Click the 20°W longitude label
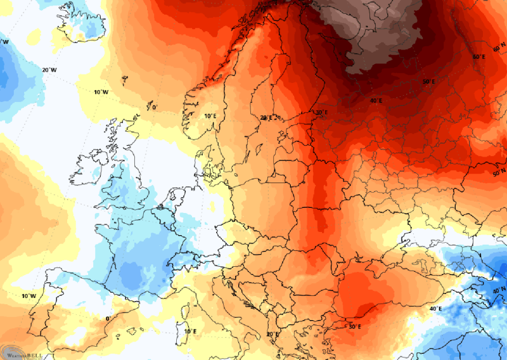49,70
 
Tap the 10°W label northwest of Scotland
101,93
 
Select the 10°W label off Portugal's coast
29,296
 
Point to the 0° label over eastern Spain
108,318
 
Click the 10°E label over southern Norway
211,116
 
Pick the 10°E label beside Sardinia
189,331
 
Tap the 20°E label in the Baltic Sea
267,117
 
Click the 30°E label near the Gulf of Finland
321,113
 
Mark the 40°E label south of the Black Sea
435,309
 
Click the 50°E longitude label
429,82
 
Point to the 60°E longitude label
480,56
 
